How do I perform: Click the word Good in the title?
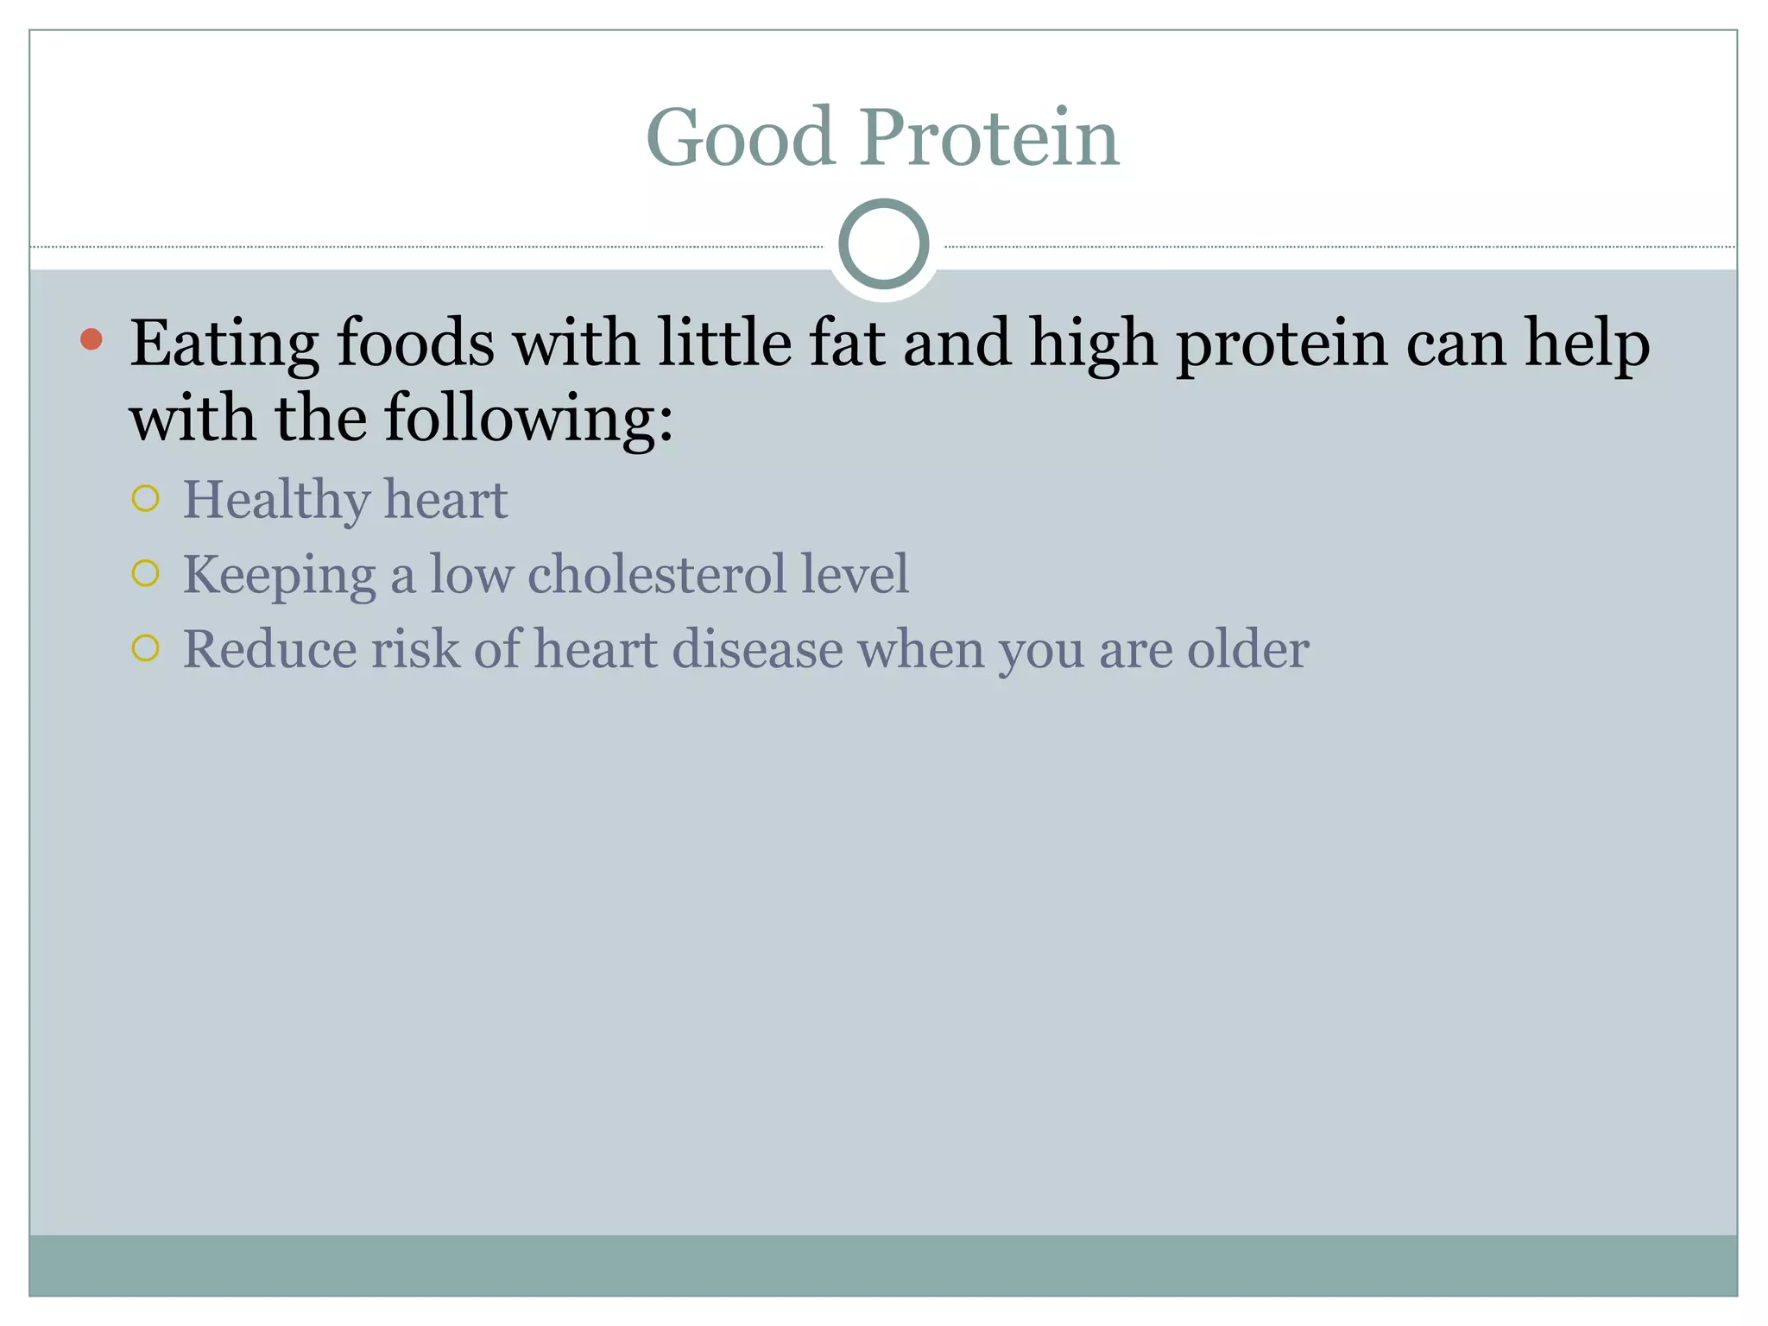click(x=740, y=138)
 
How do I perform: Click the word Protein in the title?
click(x=988, y=138)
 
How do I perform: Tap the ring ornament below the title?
click(x=883, y=243)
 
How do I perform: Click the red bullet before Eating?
click(x=92, y=339)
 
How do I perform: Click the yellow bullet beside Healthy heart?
click(x=146, y=498)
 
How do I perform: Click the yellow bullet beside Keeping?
click(x=146, y=573)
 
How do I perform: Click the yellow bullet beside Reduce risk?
click(x=146, y=648)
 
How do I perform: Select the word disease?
click(x=757, y=649)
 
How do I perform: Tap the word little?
click(x=724, y=343)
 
